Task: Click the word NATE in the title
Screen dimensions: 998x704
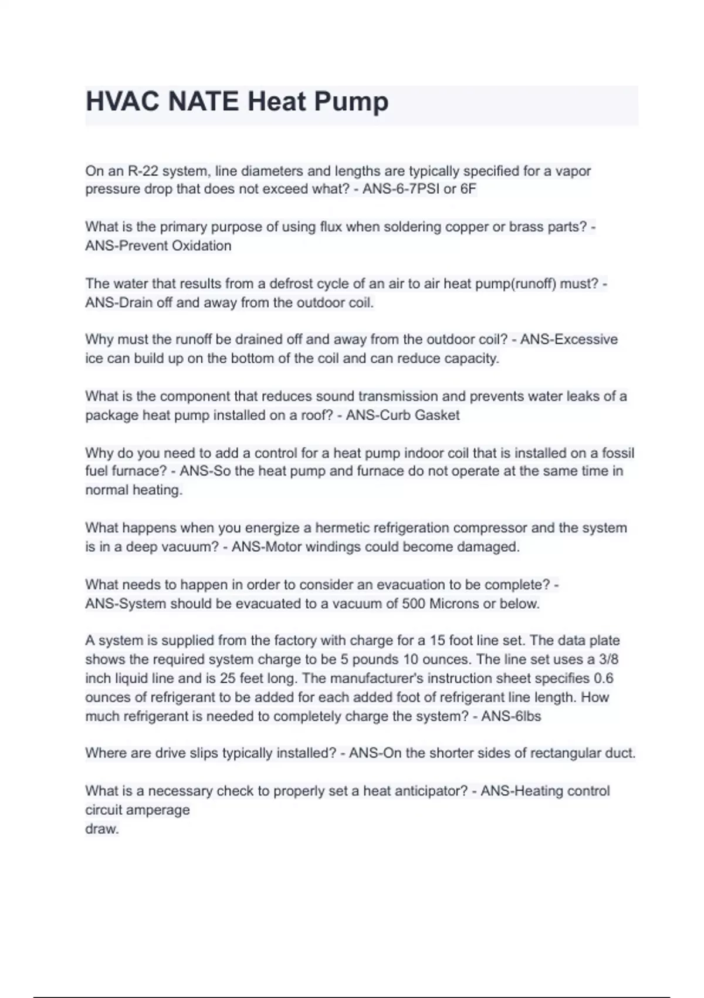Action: click(x=203, y=102)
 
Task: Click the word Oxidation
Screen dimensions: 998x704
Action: click(x=198, y=246)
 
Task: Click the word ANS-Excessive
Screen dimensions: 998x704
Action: click(x=568, y=340)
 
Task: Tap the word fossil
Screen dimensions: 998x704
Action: click(x=615, y=453)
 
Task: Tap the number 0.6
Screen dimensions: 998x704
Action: click(x=604, y=679)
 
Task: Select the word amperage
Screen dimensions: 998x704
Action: click(x=161, y=810)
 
